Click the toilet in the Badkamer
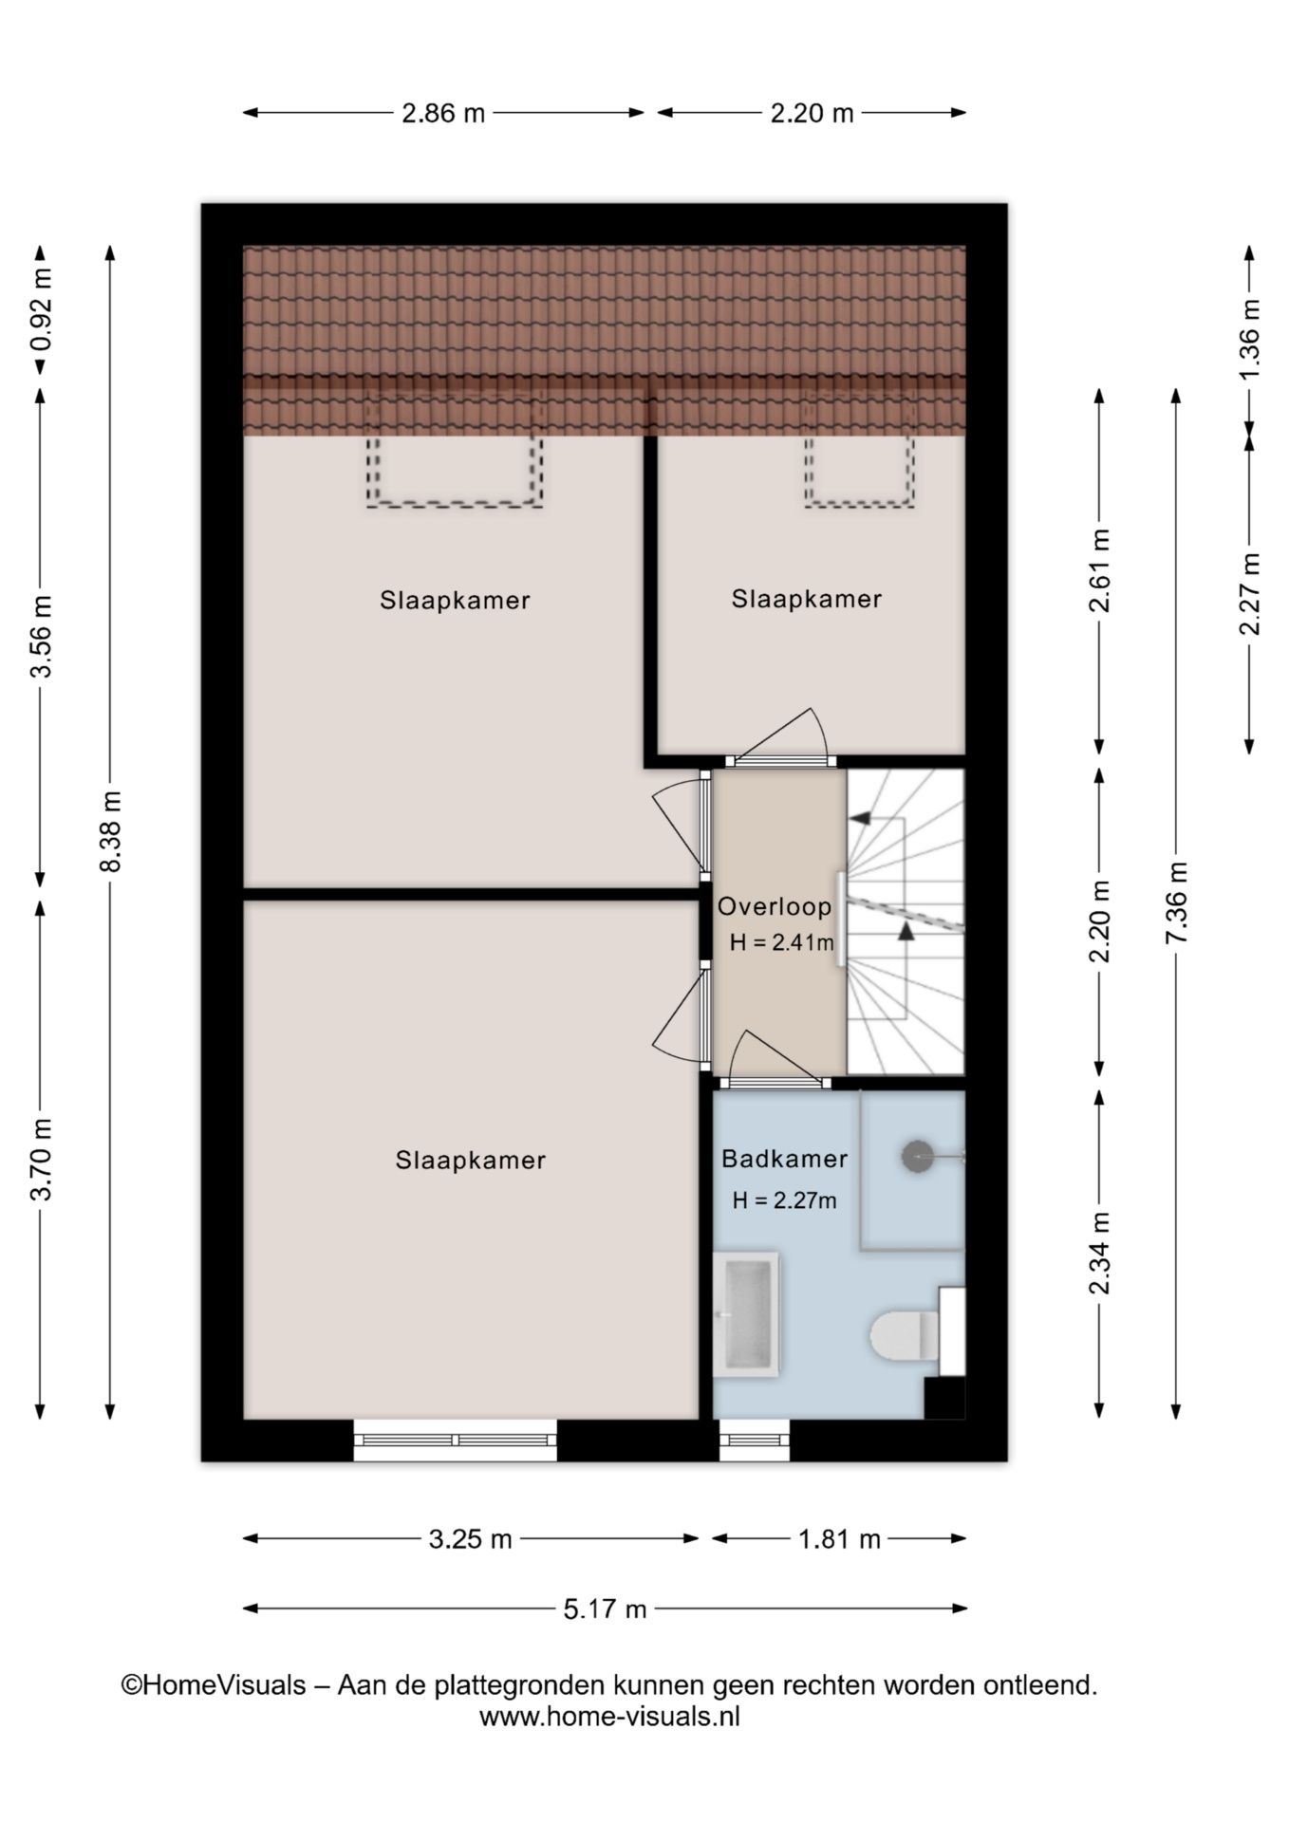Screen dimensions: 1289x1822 click(x=905, y=1334)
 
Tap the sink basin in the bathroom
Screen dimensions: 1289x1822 click(x=745, y=1315)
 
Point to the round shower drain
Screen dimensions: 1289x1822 click(x=917, y=1156)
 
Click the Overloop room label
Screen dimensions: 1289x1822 click(x=775, y=906)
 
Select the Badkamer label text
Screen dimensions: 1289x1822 click(x=784, y=1159)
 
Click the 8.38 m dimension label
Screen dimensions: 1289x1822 click(x=110, y=831)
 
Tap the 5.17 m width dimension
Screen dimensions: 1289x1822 click(x=605, y=1608)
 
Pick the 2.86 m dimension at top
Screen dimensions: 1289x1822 click(x=443, y=113)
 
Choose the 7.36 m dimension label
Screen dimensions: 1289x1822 click(x=1176, y=902)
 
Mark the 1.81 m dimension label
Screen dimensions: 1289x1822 click(x=839, y=1538)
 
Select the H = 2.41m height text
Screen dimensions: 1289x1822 click(x=782, y=943)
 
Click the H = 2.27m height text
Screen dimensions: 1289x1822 click(x=784, y=1200)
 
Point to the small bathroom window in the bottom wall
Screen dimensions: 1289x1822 click(x=755, y=1440)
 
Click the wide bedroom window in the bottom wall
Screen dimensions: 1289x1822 click(x=455, y=1440)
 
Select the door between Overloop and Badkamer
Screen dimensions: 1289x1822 click(x=771, y=1082)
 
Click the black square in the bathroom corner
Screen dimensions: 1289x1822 click(x=944, y=1398)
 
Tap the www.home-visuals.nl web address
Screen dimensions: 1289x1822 click(x=609, y=1715)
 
